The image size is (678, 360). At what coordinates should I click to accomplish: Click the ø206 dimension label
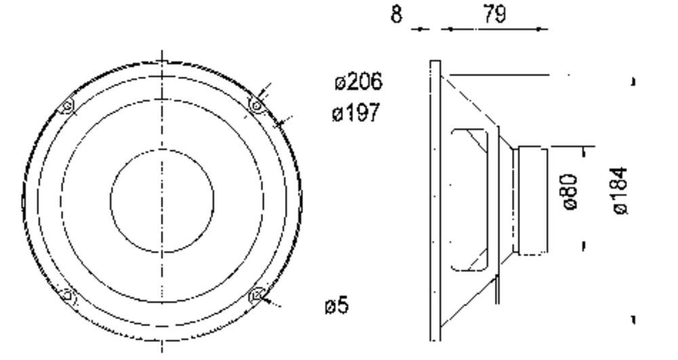click(359, 81)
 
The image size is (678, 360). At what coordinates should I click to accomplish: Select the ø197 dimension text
click(356, 113)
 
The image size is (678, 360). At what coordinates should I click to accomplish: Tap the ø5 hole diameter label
click(337, 305)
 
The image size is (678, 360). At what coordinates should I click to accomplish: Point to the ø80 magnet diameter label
click(571, 191)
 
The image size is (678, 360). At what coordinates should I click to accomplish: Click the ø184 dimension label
click(620, 191)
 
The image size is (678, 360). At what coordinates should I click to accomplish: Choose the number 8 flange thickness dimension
click(397, 14)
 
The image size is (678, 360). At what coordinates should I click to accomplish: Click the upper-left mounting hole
click(67, 106)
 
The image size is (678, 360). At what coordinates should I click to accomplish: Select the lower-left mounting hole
click(67, 295)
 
